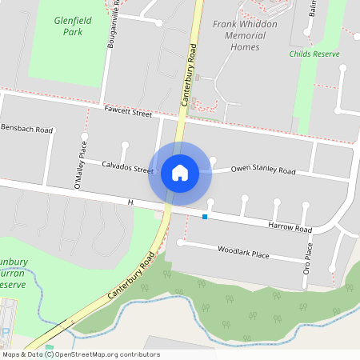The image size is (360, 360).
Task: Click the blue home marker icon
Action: [x=180, y=173]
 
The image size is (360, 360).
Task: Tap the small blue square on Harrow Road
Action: [x=205, y=217]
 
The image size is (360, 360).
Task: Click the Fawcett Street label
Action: [x=127, y=114]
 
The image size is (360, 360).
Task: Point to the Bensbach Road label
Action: [x=26, y=129]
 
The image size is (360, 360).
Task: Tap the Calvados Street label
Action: [x=127, y=169]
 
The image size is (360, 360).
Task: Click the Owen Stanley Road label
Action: [x=263, y=170]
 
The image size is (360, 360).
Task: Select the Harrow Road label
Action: [x=290, y=229]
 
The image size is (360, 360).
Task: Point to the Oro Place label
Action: [x=306, y=262]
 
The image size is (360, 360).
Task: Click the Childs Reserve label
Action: [x=314, y=54]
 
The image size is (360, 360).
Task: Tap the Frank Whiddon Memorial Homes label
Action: [x=237, y=36]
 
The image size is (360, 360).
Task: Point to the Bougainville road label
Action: [x=112, y=24]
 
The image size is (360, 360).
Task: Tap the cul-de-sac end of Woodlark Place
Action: [x=180, y=243]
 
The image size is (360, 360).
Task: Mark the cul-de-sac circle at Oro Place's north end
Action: [x=305, y=205]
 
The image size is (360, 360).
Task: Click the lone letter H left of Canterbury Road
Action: [x=130, y=202]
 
